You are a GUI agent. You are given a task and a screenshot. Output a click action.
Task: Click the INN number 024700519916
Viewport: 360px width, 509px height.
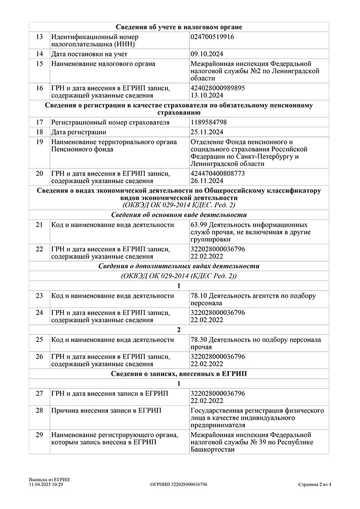click(x=212, y=37)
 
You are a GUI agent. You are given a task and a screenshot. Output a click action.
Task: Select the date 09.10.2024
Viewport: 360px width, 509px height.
click(x=207, y=54)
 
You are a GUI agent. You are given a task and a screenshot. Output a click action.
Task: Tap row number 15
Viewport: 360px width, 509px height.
click(x=39, y=64)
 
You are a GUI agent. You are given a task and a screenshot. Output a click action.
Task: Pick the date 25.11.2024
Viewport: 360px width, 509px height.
click(x=207, y=132)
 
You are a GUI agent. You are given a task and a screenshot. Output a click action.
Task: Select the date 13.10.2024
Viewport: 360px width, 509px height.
click(x=207, y=95)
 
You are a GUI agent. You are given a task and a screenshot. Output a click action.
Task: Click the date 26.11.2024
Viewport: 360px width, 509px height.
click(x=207, y=181)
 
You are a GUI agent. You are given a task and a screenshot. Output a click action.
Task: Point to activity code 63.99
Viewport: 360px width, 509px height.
click(x=198, y=224)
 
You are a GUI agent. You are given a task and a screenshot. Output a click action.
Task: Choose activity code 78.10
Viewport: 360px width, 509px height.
click(x=198, y=296)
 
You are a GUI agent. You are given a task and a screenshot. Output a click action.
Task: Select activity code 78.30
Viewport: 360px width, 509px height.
click(x=198, y=340)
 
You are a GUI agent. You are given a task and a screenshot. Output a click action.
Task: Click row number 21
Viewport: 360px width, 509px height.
click(x=39, y=224)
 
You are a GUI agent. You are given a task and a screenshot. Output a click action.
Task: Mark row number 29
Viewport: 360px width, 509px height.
click(x=39, y=435)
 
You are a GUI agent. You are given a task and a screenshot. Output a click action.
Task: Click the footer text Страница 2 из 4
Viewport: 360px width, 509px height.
click(x=314, y=485)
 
